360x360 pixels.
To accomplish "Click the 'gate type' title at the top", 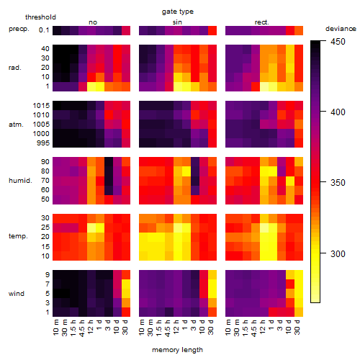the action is point(178,12).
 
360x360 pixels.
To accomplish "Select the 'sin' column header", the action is point(177,22).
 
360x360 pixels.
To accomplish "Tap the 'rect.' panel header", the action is point(262,22).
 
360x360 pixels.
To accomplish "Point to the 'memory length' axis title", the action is point(177,350).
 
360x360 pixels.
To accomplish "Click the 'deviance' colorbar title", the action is point(341,29).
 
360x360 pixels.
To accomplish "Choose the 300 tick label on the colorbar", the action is point(338,253).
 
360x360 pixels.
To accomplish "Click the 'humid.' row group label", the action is point(20,181).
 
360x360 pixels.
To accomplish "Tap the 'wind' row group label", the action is point(17,294).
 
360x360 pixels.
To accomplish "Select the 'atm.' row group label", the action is point(16,125).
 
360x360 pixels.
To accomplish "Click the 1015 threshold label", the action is point(41,106).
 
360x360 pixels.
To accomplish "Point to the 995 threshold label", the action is point(43,143).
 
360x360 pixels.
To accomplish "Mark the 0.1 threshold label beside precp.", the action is point(44,30).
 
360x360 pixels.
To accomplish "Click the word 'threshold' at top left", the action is point(40,17).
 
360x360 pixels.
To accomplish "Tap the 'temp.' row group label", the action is point(18,236).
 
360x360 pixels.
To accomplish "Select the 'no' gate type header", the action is point(93,22).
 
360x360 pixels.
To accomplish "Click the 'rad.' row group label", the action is point(15,68).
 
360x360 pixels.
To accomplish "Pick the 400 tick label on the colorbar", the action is point(338,112).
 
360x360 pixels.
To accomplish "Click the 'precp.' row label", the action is point(19,29).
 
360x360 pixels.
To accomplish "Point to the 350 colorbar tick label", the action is point(338,183).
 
